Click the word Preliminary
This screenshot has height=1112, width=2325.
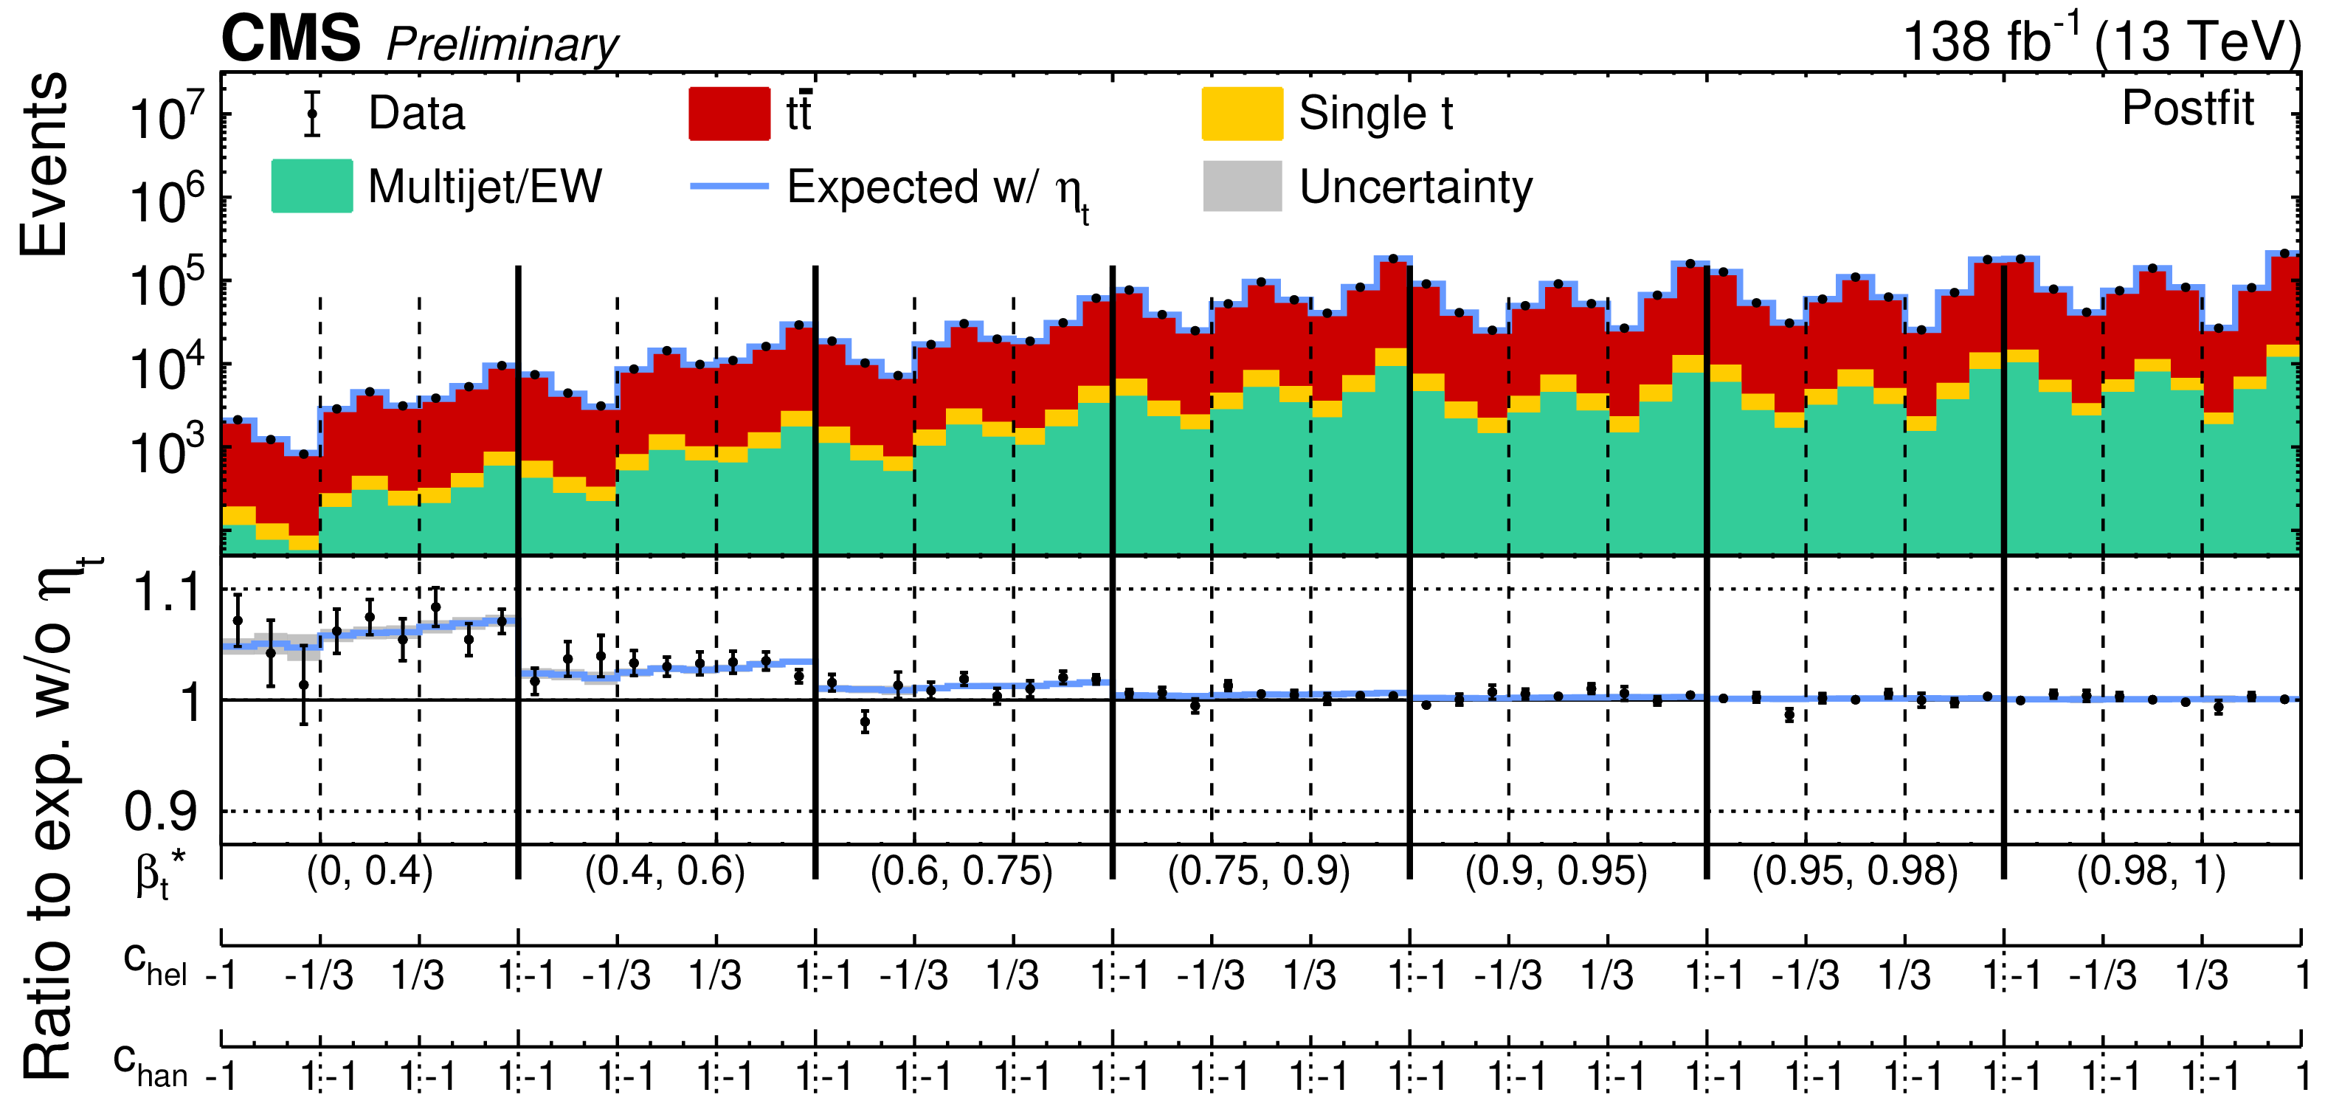[502, 44]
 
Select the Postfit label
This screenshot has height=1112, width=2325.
[2187, 108]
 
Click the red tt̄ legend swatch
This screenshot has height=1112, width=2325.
[729, 114]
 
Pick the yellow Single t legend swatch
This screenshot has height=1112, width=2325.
[1242, 114]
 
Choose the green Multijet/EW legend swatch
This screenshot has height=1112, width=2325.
[312, 186]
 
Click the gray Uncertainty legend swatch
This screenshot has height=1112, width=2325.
[1242, 186]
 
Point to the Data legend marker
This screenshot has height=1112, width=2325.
[312, 114]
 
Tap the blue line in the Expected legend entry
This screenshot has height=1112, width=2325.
[729, 186]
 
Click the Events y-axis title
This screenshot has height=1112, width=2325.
[44, 165]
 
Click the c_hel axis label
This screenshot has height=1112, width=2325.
[154, 964]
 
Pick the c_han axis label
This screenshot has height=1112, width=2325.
[150, 1065]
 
